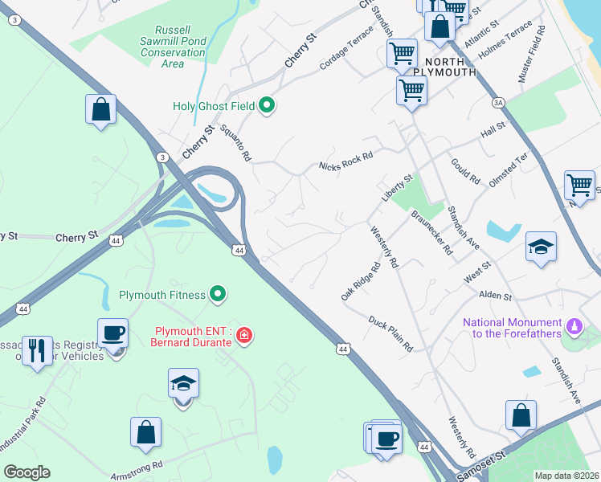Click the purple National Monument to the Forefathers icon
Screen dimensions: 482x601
(x=573, y=326)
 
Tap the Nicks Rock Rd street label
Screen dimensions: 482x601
(x=345, y=157)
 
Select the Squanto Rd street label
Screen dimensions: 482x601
(x=231, y=143)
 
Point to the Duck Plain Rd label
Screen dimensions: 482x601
(x=390, y=333)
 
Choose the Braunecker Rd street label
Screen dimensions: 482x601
(x=432, y=233)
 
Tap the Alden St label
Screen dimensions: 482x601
(x=496, y=296)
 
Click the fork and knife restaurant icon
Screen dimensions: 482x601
(x=37, y=350)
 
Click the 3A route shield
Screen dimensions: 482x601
(x=498, y=103)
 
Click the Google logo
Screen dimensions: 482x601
(x=27, y=472)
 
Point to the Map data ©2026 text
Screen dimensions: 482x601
(x=566, y=476)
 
